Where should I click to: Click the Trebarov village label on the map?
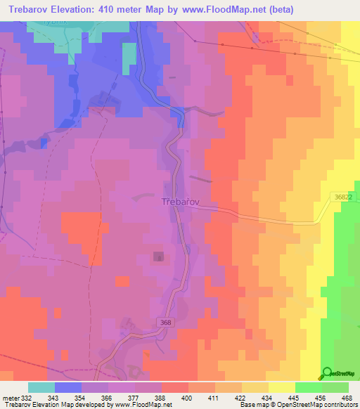182,201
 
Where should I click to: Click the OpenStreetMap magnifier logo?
327,373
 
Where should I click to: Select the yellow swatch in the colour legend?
282,387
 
